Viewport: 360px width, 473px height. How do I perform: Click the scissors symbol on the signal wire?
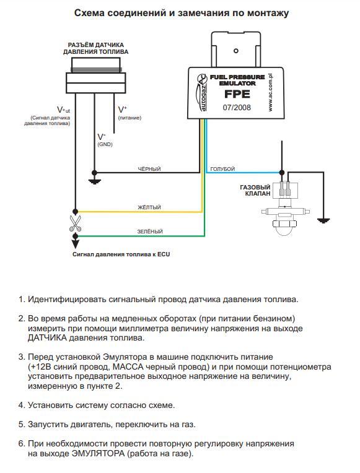coord(75,223)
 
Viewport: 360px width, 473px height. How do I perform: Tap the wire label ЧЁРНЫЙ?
coord(149,169)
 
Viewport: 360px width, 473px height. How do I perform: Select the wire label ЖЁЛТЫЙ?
coord(149,207)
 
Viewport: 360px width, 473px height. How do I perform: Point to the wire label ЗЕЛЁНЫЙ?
coord(150,232)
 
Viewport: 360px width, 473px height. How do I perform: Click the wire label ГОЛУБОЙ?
coord(222,169)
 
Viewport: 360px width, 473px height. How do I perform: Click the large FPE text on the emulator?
coord(237,94)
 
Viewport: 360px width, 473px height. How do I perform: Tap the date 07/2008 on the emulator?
coord(237,107)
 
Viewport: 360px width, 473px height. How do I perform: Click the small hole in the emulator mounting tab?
coord(236,51)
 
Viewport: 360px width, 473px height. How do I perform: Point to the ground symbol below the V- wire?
coord(95,181)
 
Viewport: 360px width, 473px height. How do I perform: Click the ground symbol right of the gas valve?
coord(323,220)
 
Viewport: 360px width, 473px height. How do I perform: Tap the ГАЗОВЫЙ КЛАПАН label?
coord(255,190)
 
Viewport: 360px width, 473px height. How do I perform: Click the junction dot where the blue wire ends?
coord(281,173)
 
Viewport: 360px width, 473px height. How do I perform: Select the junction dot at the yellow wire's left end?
coord(75,212)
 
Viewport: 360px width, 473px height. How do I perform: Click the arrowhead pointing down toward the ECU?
coord(75,244)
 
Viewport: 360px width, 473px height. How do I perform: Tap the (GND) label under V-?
coord(105,144)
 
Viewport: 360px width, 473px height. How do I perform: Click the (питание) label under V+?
coord(130,118)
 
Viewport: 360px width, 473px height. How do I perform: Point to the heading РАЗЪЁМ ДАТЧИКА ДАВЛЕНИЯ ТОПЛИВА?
coord(96,48)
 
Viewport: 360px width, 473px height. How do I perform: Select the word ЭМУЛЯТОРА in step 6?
coord(98,453)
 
